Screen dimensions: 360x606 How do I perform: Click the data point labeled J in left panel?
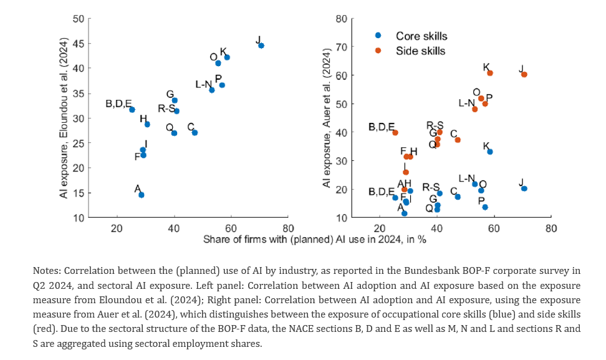click(x=261, y=46)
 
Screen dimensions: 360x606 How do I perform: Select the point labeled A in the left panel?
click(x=142, y=195)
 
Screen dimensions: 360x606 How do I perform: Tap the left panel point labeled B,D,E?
click(x=132, y=109)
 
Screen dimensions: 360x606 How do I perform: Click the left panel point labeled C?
click(x=195, y=132)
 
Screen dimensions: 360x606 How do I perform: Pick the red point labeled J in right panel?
click(x=524, y=74)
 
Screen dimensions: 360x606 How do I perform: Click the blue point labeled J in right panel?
click(x=524, y=188)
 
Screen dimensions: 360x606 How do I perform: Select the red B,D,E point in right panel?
click(x=395, y=133)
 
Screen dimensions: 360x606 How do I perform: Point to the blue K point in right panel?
click(x=490, y=152)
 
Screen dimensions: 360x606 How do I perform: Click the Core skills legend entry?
click(x=421, y=36)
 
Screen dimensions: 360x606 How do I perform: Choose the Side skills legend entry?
click(x=420, y=51)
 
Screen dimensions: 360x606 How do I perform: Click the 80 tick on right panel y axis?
click(x=341, y=19)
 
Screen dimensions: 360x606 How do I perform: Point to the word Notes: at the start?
click(x=47, y=271)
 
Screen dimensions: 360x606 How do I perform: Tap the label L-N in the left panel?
click(x=204, y=84)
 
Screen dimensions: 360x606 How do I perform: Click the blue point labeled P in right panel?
click(x=484, y=207)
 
